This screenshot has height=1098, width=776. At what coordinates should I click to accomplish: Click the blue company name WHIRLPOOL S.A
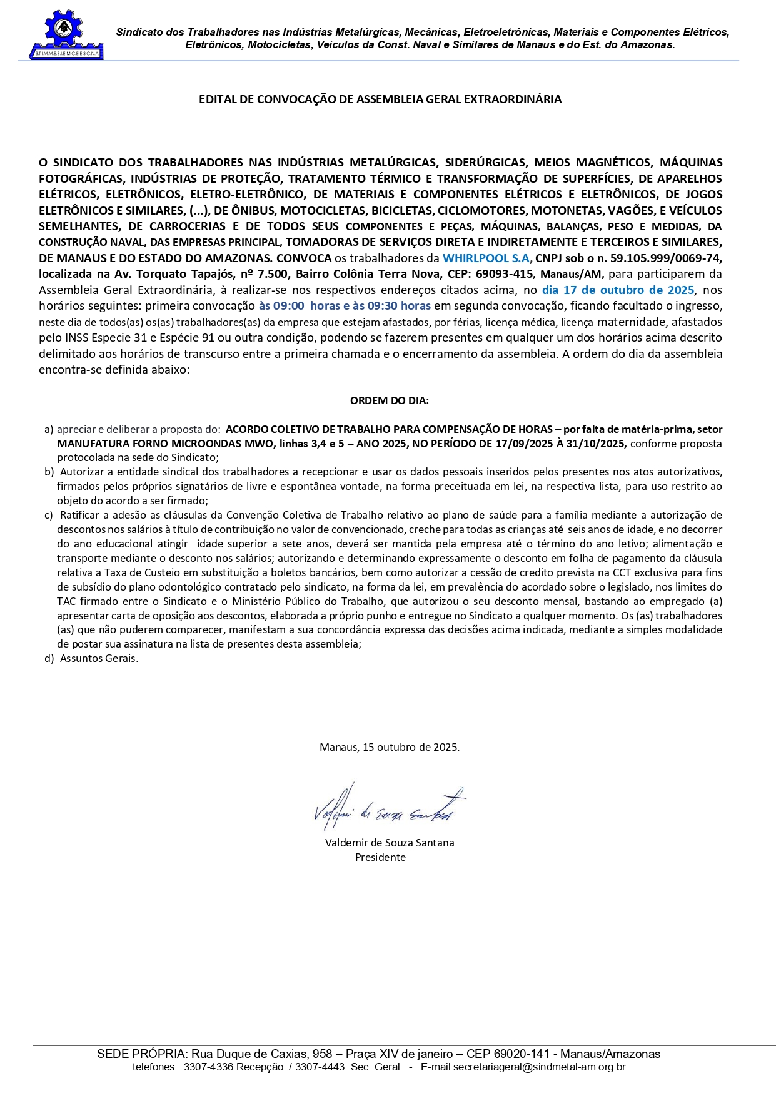tap(486, 258)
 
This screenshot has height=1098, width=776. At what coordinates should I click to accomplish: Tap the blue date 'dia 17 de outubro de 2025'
tap(618, 290)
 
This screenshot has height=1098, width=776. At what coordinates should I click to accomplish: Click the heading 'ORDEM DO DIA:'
tap(389, 401)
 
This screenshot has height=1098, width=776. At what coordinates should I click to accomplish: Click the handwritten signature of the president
tap(388, 806)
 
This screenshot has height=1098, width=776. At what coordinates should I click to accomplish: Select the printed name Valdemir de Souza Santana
tap(389, 843)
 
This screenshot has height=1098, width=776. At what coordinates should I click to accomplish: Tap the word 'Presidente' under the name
tap(380, 858)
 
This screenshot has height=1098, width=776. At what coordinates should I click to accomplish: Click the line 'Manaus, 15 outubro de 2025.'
tap(389, 747)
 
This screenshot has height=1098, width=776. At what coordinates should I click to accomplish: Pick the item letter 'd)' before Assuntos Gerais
tap(49, 658)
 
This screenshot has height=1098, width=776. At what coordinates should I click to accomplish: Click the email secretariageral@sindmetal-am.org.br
tap(523, 1067)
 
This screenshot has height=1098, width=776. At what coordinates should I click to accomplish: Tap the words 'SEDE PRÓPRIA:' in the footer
tap(141, 1054)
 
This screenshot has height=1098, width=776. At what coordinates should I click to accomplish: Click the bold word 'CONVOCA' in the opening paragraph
tap(304, 258)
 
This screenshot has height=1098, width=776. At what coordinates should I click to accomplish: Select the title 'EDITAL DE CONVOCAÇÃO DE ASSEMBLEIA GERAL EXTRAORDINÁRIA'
tap(380, 99)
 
